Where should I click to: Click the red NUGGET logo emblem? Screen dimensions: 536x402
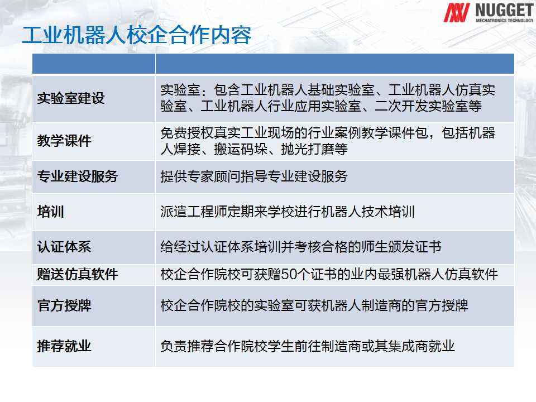coord(456,13)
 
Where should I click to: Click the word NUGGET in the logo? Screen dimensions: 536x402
coord(504,10)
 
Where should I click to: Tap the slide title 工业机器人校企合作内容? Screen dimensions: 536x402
coord(137,35)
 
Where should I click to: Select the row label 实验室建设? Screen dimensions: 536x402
coord(71,98)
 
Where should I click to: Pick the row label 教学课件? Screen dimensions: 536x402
coord(64,141)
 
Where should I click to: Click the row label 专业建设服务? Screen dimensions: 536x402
coord(78,176)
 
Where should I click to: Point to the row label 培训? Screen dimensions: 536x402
coord(51,212)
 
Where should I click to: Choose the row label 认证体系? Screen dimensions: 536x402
coord(64,247)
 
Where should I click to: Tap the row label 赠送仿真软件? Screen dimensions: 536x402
coord(78,274)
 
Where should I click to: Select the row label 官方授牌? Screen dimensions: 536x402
coord(64,305)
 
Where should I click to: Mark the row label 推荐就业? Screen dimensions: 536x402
coord(64,346)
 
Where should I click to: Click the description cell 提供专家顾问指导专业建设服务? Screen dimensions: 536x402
coord(254,176)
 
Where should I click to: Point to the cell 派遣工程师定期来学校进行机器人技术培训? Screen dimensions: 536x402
coord(288,212)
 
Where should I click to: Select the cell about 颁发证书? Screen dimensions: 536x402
coord(301,247)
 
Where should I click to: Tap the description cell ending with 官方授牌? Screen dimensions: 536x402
coord(314,305)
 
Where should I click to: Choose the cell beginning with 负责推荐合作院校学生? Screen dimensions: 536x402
coord(308,346)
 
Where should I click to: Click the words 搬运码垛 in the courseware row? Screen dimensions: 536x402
coord(241,149)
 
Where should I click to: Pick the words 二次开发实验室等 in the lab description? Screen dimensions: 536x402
coord(428,106)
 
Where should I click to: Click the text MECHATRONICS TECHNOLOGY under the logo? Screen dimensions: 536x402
coord(505,21)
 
